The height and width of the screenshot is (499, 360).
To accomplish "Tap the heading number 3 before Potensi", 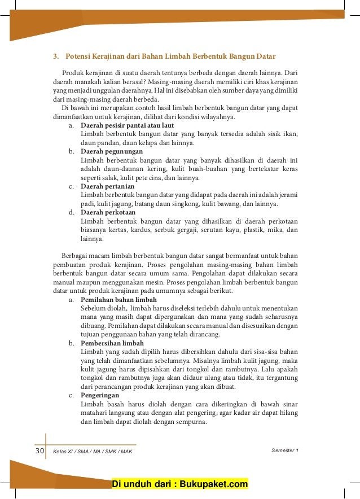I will pos(55,56).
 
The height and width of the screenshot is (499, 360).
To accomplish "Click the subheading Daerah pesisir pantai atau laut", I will pos(127,125).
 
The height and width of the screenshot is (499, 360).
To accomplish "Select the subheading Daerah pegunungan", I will pos(112,151).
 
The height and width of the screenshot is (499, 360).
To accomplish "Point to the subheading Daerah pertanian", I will pos(108,186).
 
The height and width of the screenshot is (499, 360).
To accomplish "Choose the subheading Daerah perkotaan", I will pos(108,212).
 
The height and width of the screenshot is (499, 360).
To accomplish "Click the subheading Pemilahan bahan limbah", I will pos(118,299).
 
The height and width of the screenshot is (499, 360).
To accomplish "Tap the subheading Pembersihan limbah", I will pos(112,343).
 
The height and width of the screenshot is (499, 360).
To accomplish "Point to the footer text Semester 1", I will pos(285,450).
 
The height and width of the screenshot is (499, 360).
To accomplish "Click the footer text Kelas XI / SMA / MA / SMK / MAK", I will pos(93,451).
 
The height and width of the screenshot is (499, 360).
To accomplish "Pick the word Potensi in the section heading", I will pos(78,56).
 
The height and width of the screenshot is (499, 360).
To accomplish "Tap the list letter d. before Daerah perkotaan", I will pos(72,212).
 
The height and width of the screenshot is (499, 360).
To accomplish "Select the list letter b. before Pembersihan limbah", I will pos(72,343).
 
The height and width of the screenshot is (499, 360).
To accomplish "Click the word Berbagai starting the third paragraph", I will pos(75,256).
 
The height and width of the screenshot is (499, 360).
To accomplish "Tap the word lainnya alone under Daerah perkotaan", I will pos(92,238).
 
